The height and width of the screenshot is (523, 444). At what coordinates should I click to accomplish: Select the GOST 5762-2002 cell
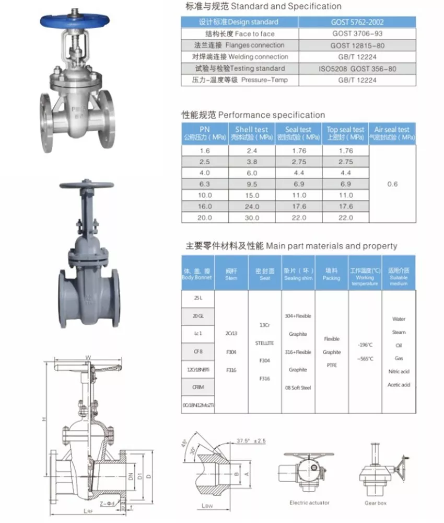tap(357, 22)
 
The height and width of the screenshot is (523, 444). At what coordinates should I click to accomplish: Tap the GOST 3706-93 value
tap(357, 34)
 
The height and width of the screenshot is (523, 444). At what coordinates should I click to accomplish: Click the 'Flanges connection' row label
tap(240, 46)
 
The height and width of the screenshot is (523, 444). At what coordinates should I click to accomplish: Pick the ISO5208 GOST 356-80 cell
tap(357, 69)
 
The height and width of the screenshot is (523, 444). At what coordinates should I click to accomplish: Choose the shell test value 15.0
tap(252, 195)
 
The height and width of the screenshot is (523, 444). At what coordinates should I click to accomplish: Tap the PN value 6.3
tap(204, 184)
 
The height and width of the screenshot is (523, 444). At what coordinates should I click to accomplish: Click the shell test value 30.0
tap(252, 218)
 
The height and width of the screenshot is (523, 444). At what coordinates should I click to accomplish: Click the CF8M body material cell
tap(198, 387)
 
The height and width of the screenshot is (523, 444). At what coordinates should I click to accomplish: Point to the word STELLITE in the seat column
tap(265, 343)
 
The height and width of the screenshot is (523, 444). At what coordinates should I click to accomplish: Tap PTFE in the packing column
tap(332, 366)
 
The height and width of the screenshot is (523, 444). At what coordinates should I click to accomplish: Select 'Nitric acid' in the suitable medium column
tap(399, 371)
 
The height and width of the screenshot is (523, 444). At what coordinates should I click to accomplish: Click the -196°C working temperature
tap(365, 345)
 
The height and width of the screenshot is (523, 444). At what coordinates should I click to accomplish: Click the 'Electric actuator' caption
tap(310, 503)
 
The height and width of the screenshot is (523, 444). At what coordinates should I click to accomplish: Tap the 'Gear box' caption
tap(376, 503)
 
